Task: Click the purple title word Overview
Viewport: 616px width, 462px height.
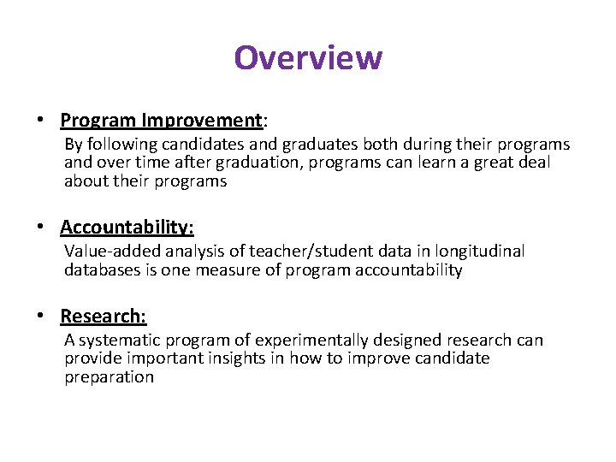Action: (308, 58)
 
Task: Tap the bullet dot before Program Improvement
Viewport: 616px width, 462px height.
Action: (40, 121)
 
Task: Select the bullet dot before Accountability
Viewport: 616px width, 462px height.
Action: (40, 228)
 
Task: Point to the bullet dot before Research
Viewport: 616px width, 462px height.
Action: (40, 317)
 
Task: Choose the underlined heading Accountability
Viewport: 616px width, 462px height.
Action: (127, 227)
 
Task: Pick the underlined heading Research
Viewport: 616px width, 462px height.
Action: (104, 316)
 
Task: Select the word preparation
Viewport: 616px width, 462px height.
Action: (109, 377)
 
